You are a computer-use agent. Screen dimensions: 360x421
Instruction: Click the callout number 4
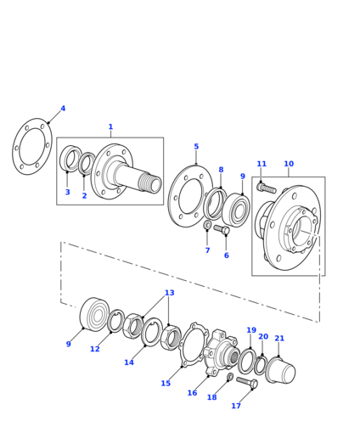[x=63, y=109]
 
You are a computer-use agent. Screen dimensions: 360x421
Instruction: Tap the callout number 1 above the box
[x=110, y=126]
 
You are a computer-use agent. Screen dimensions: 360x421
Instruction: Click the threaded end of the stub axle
[x=150, y=182]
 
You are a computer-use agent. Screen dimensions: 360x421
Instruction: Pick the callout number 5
[x=196, y=147]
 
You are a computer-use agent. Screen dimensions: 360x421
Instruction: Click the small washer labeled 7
[x=207, y=225]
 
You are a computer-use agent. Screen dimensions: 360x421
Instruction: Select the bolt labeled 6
[x=222, y=229]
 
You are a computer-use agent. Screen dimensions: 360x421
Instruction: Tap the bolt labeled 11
[x=267, y=188]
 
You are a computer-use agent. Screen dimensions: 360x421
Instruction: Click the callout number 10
[x=289, y=164]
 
